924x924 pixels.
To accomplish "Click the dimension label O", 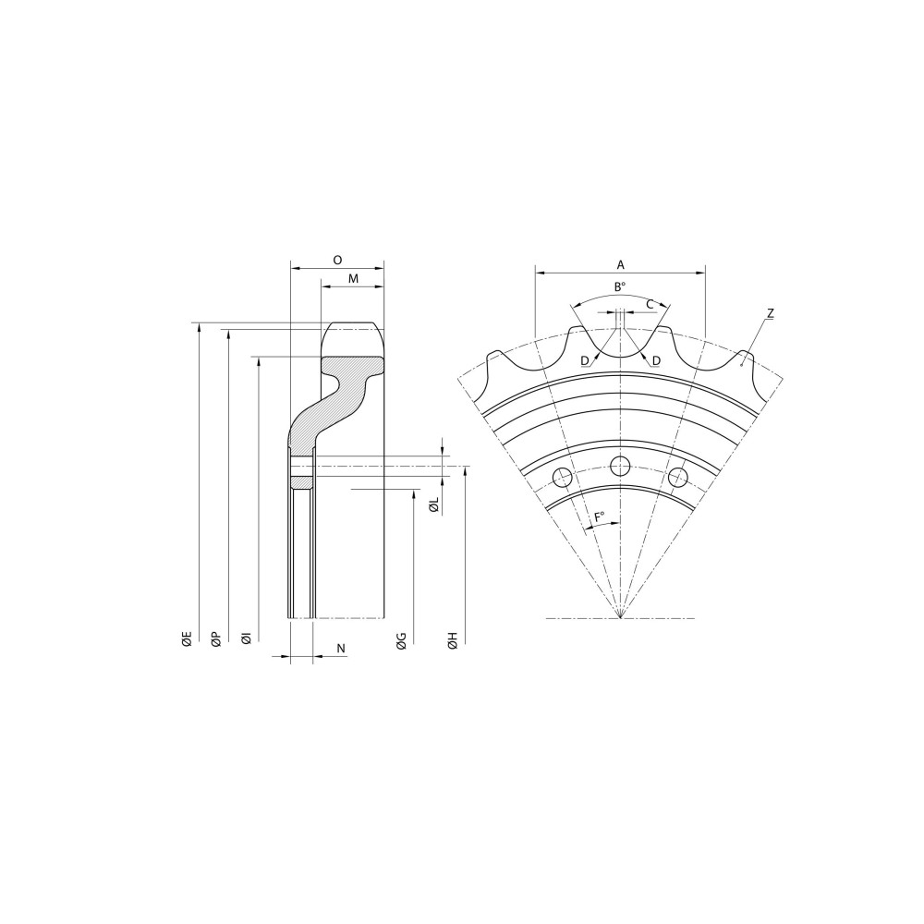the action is click(x=337, y=260).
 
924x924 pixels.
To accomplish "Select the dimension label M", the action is click(x=353, y=279).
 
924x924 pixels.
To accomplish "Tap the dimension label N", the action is click(x=341, y=649).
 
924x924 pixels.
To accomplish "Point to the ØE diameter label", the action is click(x=187, y=639).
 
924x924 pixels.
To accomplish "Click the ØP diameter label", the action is click(x=216, y=639).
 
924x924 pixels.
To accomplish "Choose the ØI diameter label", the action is click(x=247, y=638).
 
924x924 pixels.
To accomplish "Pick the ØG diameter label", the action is click(x=401, y=641).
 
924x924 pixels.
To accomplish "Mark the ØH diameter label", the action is click(x=453, y=641).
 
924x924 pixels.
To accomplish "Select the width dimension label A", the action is click(x=620, y=265).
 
